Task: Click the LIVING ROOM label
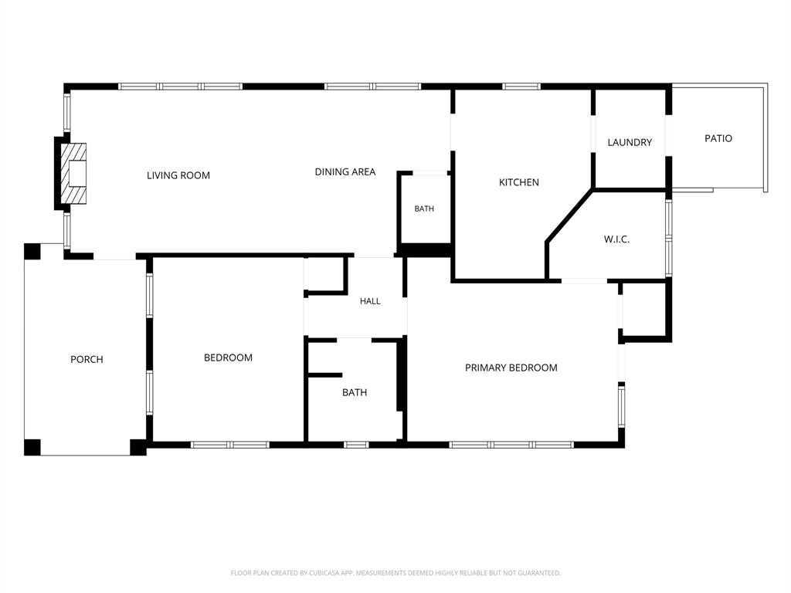click(178, 175)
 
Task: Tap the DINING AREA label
click(345, 172)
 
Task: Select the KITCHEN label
click(518, 182)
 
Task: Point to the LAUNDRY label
click(630, 142)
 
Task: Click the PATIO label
click(718, 138)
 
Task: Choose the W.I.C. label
click(616, 239)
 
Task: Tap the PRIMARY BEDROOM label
click(511, 368)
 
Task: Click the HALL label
click(370, 301)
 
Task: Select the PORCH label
click(87, 360)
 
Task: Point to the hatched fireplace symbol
click(73, 174)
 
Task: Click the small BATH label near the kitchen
click(424, 208)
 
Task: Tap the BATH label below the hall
click(355, 392)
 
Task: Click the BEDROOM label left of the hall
click(228, 357)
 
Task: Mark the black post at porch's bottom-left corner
click(32, 447)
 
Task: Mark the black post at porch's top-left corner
click(32, 252)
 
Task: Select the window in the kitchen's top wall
click(521, 86)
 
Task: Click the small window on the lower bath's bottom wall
click(356, 445)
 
